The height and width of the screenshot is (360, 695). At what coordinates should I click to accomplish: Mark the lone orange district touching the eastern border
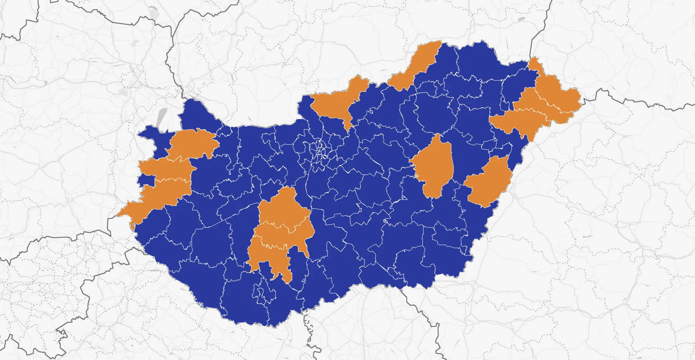tap(489, 181)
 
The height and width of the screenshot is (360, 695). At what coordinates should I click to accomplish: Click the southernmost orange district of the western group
tap(162, 192)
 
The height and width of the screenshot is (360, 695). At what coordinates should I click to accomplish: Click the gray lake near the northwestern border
tap(161, 117)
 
